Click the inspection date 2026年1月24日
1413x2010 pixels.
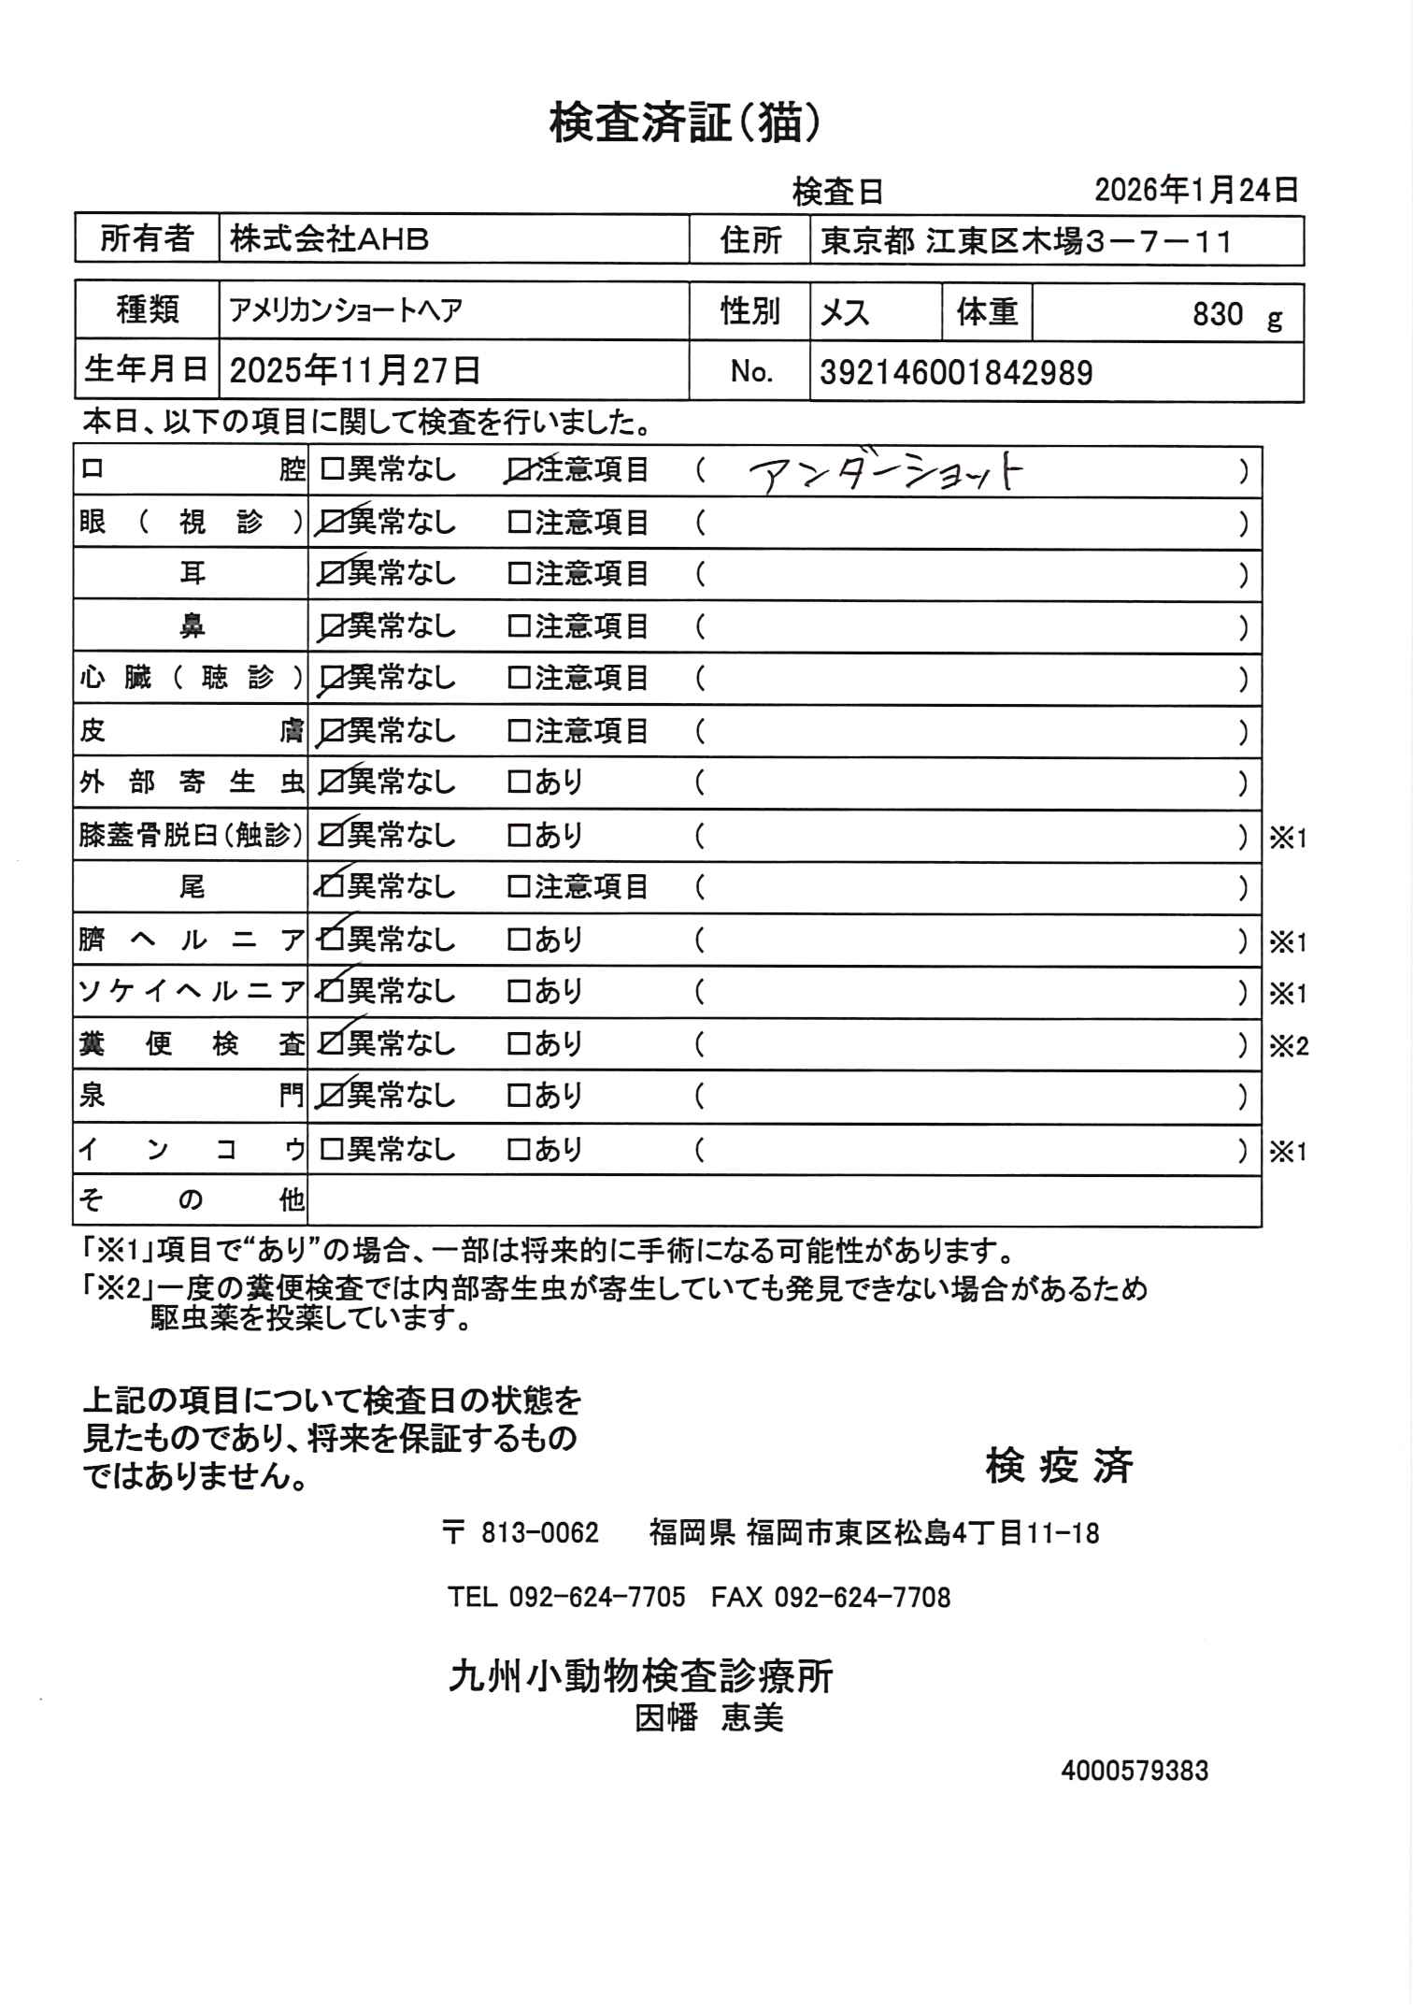1196,191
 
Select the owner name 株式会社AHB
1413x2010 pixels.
329,240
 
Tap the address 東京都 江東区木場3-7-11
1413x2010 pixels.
1026,242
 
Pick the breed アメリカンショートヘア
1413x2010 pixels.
346,310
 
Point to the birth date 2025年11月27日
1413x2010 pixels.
355,371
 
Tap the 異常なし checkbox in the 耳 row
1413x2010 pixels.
331,575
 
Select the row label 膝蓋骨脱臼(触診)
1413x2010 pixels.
191,835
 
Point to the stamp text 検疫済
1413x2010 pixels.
1059,1466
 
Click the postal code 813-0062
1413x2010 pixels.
539,1534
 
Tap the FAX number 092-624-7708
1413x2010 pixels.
862,1597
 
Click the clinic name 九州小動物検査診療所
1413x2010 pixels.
640,1676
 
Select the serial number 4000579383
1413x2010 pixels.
1134,1771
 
